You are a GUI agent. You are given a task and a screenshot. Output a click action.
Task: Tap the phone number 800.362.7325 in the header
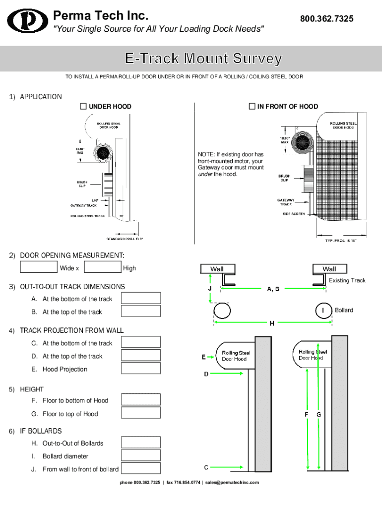point(326,19)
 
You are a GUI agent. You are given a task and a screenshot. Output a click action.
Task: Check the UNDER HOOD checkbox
point(83,106)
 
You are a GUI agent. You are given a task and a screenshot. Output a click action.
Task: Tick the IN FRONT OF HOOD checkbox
point(252,106)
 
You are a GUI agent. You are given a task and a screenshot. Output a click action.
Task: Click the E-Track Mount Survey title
point(203,59)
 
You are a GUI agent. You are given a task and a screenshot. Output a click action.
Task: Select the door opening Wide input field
point(39,267)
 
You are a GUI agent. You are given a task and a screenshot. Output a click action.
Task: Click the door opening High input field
point(103,267)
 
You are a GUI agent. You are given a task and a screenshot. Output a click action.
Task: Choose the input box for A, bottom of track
point(141,298)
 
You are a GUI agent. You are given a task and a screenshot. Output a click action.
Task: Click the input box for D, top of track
point(141,356)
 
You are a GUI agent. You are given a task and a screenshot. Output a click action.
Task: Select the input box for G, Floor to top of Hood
point(141,413)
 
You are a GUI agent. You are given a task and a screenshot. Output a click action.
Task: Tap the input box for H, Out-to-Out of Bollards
point(141,443)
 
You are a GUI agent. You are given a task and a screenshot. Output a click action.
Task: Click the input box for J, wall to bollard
point(141,468)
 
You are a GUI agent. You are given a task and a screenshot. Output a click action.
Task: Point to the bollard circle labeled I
point(323,311)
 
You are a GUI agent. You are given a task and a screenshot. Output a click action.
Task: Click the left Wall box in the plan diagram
point(217,269)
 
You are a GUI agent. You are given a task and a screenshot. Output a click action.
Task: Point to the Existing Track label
point(347,280)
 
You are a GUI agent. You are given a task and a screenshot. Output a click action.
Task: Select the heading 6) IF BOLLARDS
point(35,431)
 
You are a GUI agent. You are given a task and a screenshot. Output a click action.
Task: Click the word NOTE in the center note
point(206,154)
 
